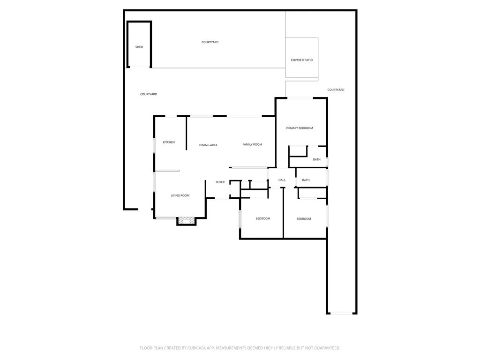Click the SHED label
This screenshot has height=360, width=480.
[x=139, y=47]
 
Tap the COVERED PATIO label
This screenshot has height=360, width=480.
[x=301, y=60]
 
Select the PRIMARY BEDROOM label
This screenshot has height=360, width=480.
[x=299, y=128]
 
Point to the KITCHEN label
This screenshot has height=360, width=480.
[x=169, y=142]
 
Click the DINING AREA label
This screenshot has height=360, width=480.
[x=208, y=145]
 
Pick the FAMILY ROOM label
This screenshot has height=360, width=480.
[x=252, y=144]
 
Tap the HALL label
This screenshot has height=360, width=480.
[x=282, y=180]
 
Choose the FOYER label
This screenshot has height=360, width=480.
[x=220, y=182]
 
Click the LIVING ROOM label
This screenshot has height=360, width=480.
[x=180, y=195]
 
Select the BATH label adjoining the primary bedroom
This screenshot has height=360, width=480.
[x=317, y=159]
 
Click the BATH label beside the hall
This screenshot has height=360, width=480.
[x=306, y=180]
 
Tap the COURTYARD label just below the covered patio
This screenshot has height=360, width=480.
[x=336, y=90]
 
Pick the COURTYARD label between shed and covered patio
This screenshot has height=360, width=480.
[x=210, y=42]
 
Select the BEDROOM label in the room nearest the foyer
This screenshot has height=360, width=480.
[x=262, y=218]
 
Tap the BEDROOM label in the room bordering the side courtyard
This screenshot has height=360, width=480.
[x=304, y=218]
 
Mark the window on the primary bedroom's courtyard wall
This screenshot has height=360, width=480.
[x=300, y=98]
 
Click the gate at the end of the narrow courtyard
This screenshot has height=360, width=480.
[x=342, y=313]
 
